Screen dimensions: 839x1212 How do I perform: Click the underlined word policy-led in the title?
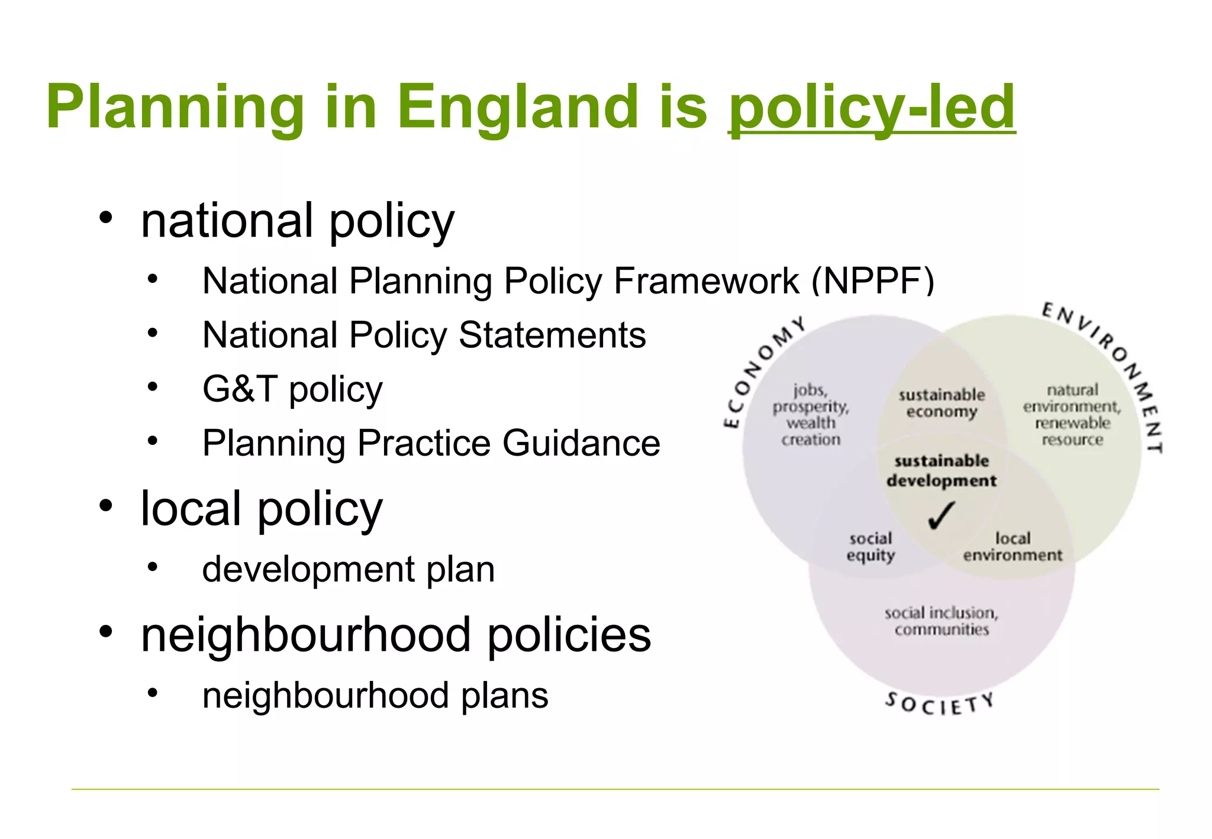pos(871,108)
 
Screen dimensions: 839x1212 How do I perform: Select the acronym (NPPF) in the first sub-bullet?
pos(873,280)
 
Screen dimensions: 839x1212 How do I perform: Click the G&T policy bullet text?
pos(292,390)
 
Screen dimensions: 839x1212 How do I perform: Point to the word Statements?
pos(552,335)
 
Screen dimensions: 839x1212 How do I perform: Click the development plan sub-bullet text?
pos(348,569)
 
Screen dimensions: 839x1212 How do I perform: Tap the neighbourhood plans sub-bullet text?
pos(375,695)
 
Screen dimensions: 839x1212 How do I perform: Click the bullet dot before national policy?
pos(106,218)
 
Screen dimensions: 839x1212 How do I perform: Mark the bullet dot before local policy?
pos(106,506)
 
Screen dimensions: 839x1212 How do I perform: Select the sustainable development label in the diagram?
pos(941,470)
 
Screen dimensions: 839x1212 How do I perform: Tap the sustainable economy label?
pos(942,403)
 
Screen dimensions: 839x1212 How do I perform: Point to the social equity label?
pos(870,547)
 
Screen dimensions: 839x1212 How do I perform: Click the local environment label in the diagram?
pos(1012,547)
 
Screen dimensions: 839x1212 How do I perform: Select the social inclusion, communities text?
pos(941,621)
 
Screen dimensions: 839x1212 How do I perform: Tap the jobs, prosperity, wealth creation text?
pos(811,414)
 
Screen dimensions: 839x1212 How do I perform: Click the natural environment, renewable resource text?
pos(1072,414)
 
